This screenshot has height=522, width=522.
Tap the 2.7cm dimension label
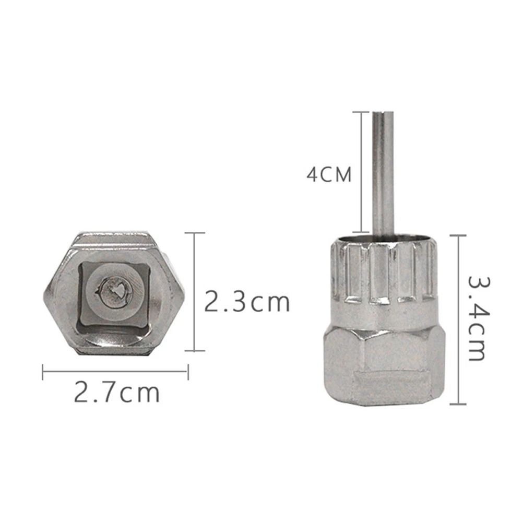pyautogui.click(x=116, y=393)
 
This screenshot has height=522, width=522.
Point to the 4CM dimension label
pyautogui.click(x=329, y=174)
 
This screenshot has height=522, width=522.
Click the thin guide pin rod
pyautogui.click(x=383, y=172)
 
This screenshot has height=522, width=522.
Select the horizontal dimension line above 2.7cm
pyautogui.click(x=114, y=371)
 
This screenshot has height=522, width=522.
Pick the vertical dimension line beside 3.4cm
pyautogui.click(x=458, y=319)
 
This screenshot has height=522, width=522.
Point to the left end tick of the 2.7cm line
pyautogui.click(x=43, y=371)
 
